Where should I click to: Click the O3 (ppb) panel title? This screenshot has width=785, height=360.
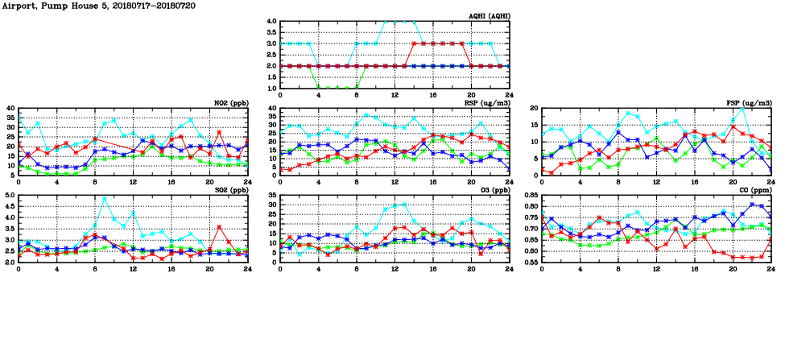click(x=492, y=190)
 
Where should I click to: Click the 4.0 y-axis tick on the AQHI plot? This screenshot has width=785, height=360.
click(x=271, y=21)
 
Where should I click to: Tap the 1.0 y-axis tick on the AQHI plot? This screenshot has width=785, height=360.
click(x=271, y=88)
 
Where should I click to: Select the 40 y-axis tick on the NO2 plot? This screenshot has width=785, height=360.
click(x=10, y=108)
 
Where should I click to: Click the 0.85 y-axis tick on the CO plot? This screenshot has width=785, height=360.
click(x=529, y=195)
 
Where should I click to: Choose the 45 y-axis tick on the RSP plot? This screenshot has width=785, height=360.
click(x=271, y=108)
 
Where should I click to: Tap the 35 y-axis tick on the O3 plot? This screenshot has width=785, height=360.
click(x=271, y=195)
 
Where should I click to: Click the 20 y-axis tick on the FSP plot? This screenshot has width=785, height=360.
click(x=532, y=108)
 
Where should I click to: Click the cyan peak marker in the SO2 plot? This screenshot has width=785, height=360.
click(x=105, y=198)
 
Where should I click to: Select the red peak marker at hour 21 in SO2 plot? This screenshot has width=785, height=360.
click(x=219, y=227)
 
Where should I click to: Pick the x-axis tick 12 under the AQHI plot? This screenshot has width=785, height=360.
click(x=394, y=95)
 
